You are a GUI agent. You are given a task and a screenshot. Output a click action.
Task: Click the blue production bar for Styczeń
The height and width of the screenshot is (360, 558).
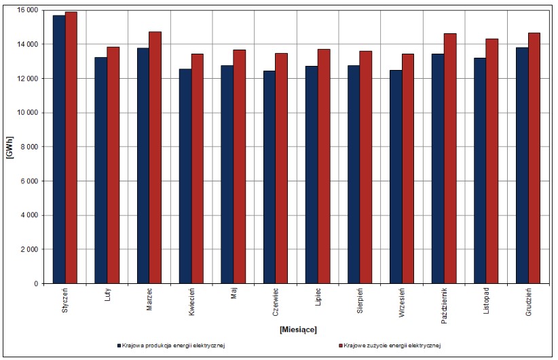click(59, 149)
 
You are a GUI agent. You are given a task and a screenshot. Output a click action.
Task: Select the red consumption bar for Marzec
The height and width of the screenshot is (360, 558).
click(155, 158)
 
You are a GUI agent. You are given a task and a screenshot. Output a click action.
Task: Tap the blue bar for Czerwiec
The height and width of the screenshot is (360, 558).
click(269, 177)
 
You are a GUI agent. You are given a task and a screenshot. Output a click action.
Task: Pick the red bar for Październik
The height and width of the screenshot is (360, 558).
click(450, 158)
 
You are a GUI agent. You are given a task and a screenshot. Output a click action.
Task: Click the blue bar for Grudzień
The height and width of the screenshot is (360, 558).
click(522, 166)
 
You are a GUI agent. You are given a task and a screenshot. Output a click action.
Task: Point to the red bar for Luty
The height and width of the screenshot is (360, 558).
click(113, 165)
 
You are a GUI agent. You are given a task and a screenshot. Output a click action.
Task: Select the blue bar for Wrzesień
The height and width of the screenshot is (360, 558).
click(396, 177)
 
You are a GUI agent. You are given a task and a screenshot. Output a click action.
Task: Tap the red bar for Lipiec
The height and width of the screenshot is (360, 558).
click(324, 166)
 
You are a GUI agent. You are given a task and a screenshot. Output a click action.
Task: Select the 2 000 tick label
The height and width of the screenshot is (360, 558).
click(29, 249)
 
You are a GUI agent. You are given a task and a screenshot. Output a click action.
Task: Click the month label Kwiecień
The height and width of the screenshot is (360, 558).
click(191, 302)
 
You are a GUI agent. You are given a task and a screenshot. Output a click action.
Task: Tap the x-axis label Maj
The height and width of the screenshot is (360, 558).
click(234, 293)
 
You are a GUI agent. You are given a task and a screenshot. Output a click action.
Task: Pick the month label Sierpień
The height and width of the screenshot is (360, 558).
click(360, 301)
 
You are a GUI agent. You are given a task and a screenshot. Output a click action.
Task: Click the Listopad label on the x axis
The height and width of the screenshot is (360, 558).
click(486, 301)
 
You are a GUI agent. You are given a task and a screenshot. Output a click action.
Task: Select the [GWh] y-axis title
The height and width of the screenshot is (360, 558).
click(10, 147)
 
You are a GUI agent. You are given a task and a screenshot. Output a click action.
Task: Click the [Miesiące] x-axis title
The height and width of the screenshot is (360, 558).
click(298, 329)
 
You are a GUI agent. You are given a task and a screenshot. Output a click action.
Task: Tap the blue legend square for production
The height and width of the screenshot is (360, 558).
click(119, 346)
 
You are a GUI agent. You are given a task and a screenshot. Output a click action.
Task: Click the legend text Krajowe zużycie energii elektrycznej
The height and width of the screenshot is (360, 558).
click(392, 346)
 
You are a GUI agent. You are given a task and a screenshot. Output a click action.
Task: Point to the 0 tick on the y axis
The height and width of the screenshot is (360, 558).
click(36, 284)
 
